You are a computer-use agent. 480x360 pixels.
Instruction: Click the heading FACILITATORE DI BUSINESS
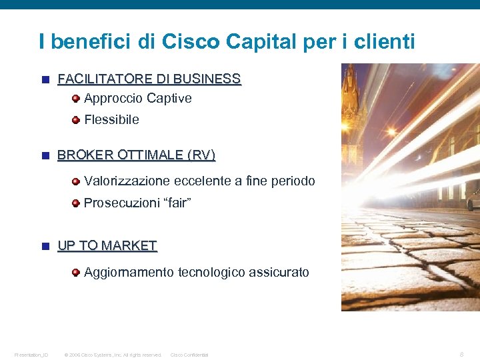(x=149, y=79)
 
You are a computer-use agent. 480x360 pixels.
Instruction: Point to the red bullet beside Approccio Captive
(x=77, y=99)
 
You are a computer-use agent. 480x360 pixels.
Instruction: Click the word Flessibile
(x=112, y=120)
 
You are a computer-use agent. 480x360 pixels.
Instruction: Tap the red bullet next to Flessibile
(x=77, y=120)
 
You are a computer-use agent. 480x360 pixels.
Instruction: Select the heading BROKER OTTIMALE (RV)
(x=137, y=155)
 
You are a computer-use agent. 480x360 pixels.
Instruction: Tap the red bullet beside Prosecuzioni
(x=77, y=203)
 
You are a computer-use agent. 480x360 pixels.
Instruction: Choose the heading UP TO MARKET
(x=107, y=246)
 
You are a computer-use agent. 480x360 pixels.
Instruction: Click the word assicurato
(x=279, y=272)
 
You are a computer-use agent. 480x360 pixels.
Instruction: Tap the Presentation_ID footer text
(x=31, y=355)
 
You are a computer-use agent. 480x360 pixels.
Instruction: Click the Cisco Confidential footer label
(x=189, y=355)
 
